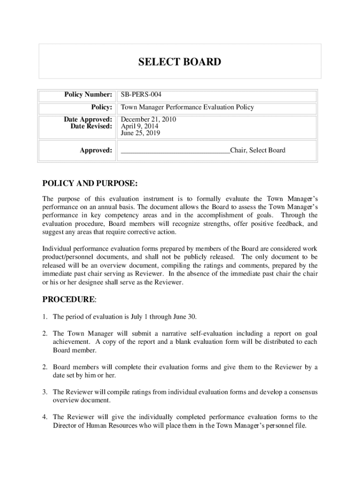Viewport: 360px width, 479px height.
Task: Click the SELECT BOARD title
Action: pyautogui.click(x=180, y=62)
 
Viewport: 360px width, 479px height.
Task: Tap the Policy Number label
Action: pyautogui.click(x=88, y=95)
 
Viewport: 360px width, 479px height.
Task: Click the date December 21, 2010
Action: pyautogui.click(x=148, y=120)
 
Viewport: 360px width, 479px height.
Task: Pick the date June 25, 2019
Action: pyautogui.click(x=141, y=133)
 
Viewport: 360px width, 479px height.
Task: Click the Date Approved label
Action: pyautogui.click(x=88, y=120)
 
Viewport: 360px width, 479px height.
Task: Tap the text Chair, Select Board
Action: pyautogui.click(x=257, y=150)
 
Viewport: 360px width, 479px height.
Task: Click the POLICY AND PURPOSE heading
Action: pyautogui.click(x=90, y=182)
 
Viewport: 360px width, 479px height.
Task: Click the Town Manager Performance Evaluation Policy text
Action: pyautogui.click(x=187, y=107)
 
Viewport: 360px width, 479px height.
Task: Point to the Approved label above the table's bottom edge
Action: pyautogui.click(x=96, y=150)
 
